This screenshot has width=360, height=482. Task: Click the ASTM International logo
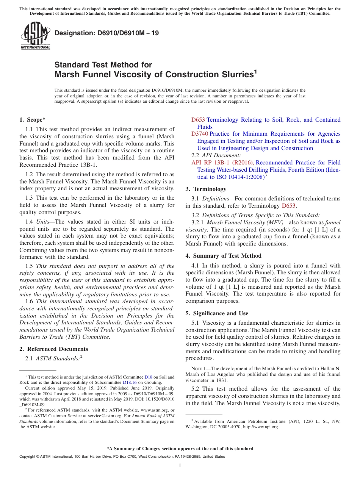[x=35, y=36]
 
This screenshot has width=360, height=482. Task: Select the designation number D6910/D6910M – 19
[x=106, y=33]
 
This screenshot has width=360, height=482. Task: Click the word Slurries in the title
[x=232, y=74]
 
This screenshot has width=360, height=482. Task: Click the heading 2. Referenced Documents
[x=53, y=349]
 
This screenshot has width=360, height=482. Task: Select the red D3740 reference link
[x=199, y=134]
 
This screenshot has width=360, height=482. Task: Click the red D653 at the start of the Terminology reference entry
[x=198, y=120]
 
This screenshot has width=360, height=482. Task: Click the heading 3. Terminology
[x=206, y=189]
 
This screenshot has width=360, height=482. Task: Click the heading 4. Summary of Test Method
[x=223, y=256]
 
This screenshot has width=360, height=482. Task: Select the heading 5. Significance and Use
[x=217, y=313]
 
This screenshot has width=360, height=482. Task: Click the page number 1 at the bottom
[x=180, y=466]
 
